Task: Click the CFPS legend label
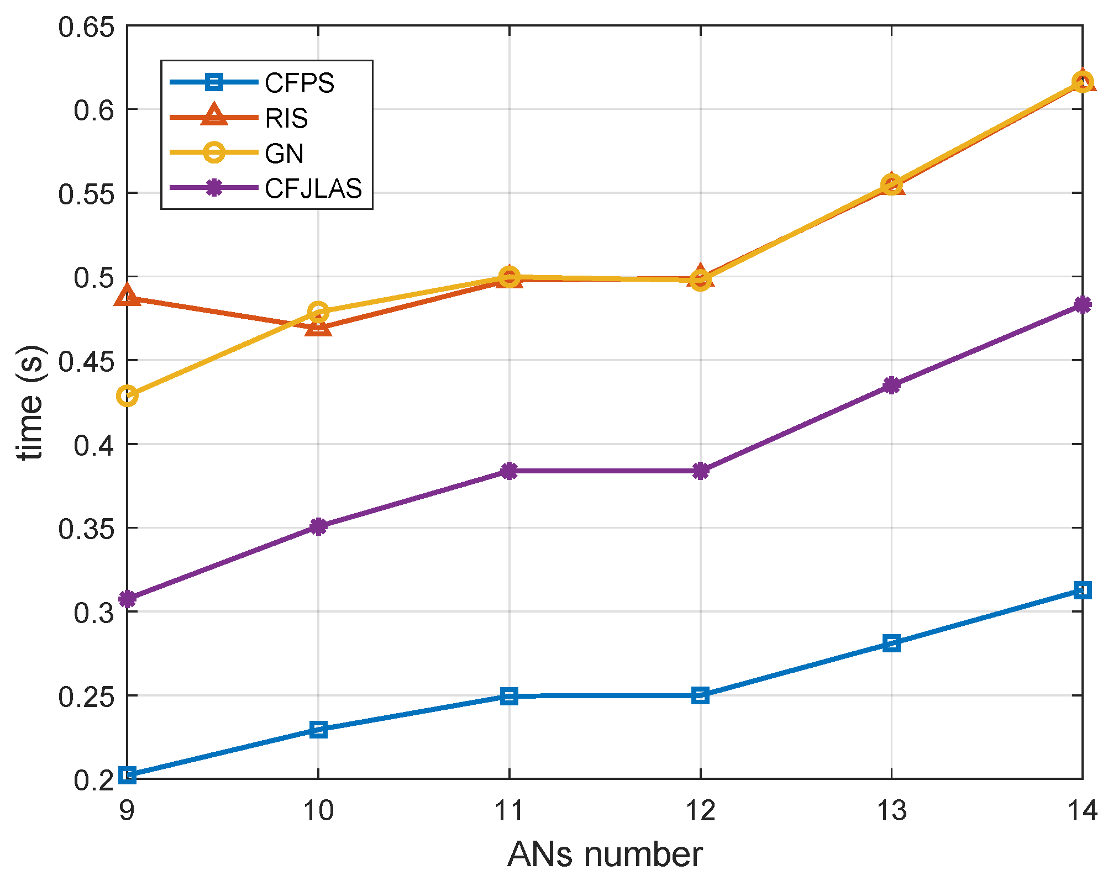[299, 83]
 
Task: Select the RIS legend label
[286, 118]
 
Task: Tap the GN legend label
[284, 153]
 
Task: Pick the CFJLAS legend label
[313, 188]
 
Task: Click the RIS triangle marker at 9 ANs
[127, 296]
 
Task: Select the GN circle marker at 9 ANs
[127, 396]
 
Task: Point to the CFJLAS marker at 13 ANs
[891, 385]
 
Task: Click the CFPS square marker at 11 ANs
[510, 696]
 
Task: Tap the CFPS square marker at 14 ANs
[1082, 590]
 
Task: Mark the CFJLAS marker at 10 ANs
[318, 526]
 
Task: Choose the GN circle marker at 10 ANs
[318, 312]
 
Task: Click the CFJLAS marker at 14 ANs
[1082, 304]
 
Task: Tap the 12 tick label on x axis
[700, 811]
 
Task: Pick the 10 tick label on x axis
[318, 811]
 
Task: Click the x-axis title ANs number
[605, 854]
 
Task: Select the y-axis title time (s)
[30, 402]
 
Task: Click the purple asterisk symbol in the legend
[214, 188]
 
